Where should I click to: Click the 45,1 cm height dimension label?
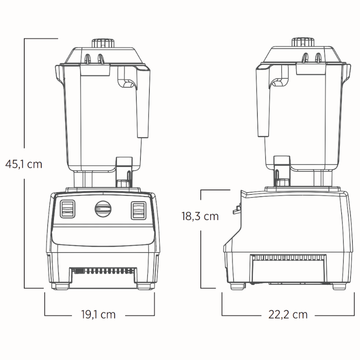[x=24, y=164]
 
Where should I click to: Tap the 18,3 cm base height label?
[x=200, y=216]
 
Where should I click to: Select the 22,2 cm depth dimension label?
[x=288, y=315]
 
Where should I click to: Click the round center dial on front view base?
[x=103, y=208]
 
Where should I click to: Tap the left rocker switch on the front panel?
[x=68, y=208]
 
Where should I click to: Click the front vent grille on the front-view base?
[x=102, y=271]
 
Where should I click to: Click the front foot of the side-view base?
[x=237, y=286]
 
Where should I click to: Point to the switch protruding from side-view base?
[x=235, y=208]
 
